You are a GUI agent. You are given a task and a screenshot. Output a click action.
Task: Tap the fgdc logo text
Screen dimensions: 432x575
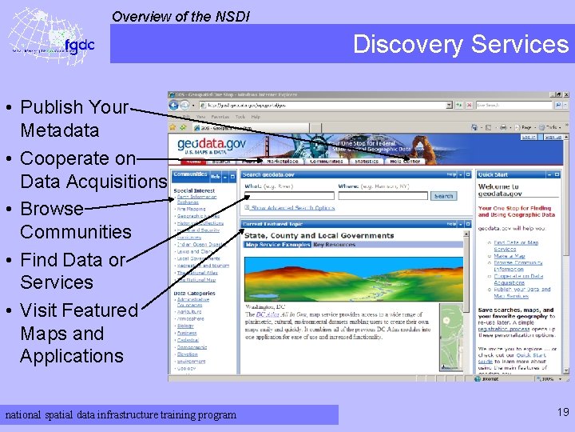point(79,45)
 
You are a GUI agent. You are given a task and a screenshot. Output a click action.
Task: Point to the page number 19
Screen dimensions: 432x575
point(563,412)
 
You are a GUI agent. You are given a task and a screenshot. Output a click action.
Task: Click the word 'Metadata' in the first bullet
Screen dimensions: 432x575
point(60,130)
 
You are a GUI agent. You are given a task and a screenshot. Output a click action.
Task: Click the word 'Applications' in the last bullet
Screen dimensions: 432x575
point(72,356)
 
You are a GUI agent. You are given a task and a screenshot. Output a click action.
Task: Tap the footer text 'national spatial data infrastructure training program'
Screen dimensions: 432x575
point(121,414)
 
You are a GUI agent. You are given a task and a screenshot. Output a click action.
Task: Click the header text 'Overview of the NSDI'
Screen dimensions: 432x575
point(180,15)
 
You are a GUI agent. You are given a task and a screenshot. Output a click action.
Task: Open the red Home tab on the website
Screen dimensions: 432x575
point(193,161)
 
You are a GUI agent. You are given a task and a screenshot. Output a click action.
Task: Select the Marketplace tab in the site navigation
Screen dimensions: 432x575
point(284,161)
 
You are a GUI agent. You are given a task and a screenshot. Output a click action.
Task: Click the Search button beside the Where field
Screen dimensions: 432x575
point(443,196)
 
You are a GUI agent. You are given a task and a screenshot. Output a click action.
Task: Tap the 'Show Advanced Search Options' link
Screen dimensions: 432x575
point(294,208)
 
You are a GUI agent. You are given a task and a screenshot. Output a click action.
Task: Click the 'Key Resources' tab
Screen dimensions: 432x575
point(334,245)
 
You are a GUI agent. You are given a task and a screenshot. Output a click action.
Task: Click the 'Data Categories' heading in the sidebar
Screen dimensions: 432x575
point(194,294)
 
